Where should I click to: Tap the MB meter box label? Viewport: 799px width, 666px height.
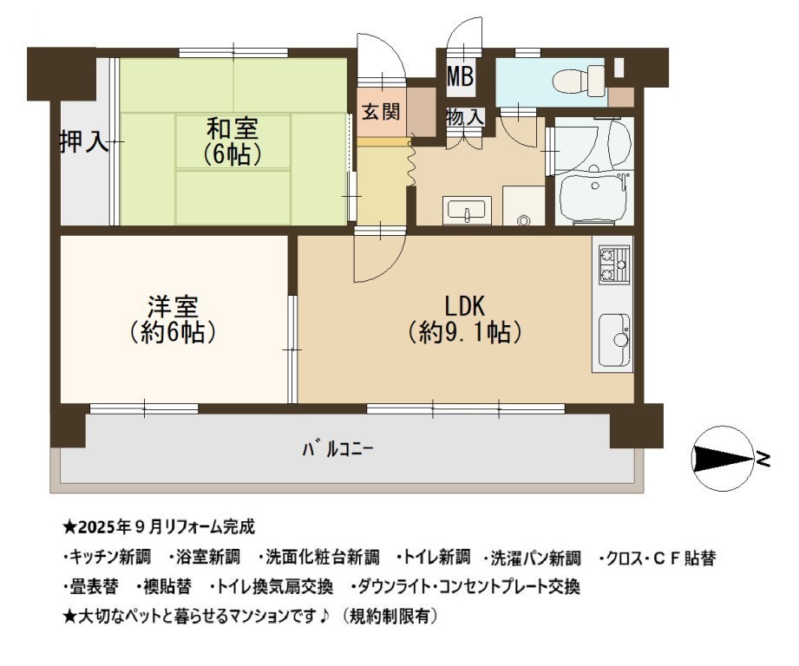coord(461,76)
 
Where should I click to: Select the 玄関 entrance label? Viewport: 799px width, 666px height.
coord(381,112)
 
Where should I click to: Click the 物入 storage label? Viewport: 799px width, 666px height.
coord(465,118)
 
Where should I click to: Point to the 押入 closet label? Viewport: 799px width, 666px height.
coord(85,141)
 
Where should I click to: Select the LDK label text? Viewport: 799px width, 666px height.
coord(465,306)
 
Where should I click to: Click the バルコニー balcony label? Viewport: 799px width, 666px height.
coord(337,449)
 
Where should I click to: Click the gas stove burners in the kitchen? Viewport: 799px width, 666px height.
coord(613,264)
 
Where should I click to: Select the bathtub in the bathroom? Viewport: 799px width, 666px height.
coord(594,199)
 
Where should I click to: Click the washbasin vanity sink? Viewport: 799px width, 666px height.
coord(467,210)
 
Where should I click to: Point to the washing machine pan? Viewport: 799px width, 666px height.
coord(523,206)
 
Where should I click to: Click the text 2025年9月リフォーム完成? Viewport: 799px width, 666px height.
coord(167,527)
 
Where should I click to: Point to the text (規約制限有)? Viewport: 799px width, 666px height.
coord(390,617)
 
